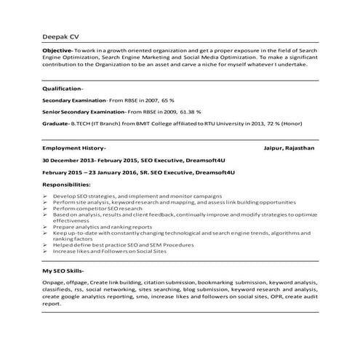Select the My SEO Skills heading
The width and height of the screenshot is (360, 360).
64,271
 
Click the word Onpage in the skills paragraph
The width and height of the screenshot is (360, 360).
54,283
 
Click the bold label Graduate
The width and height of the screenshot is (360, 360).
57,124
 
